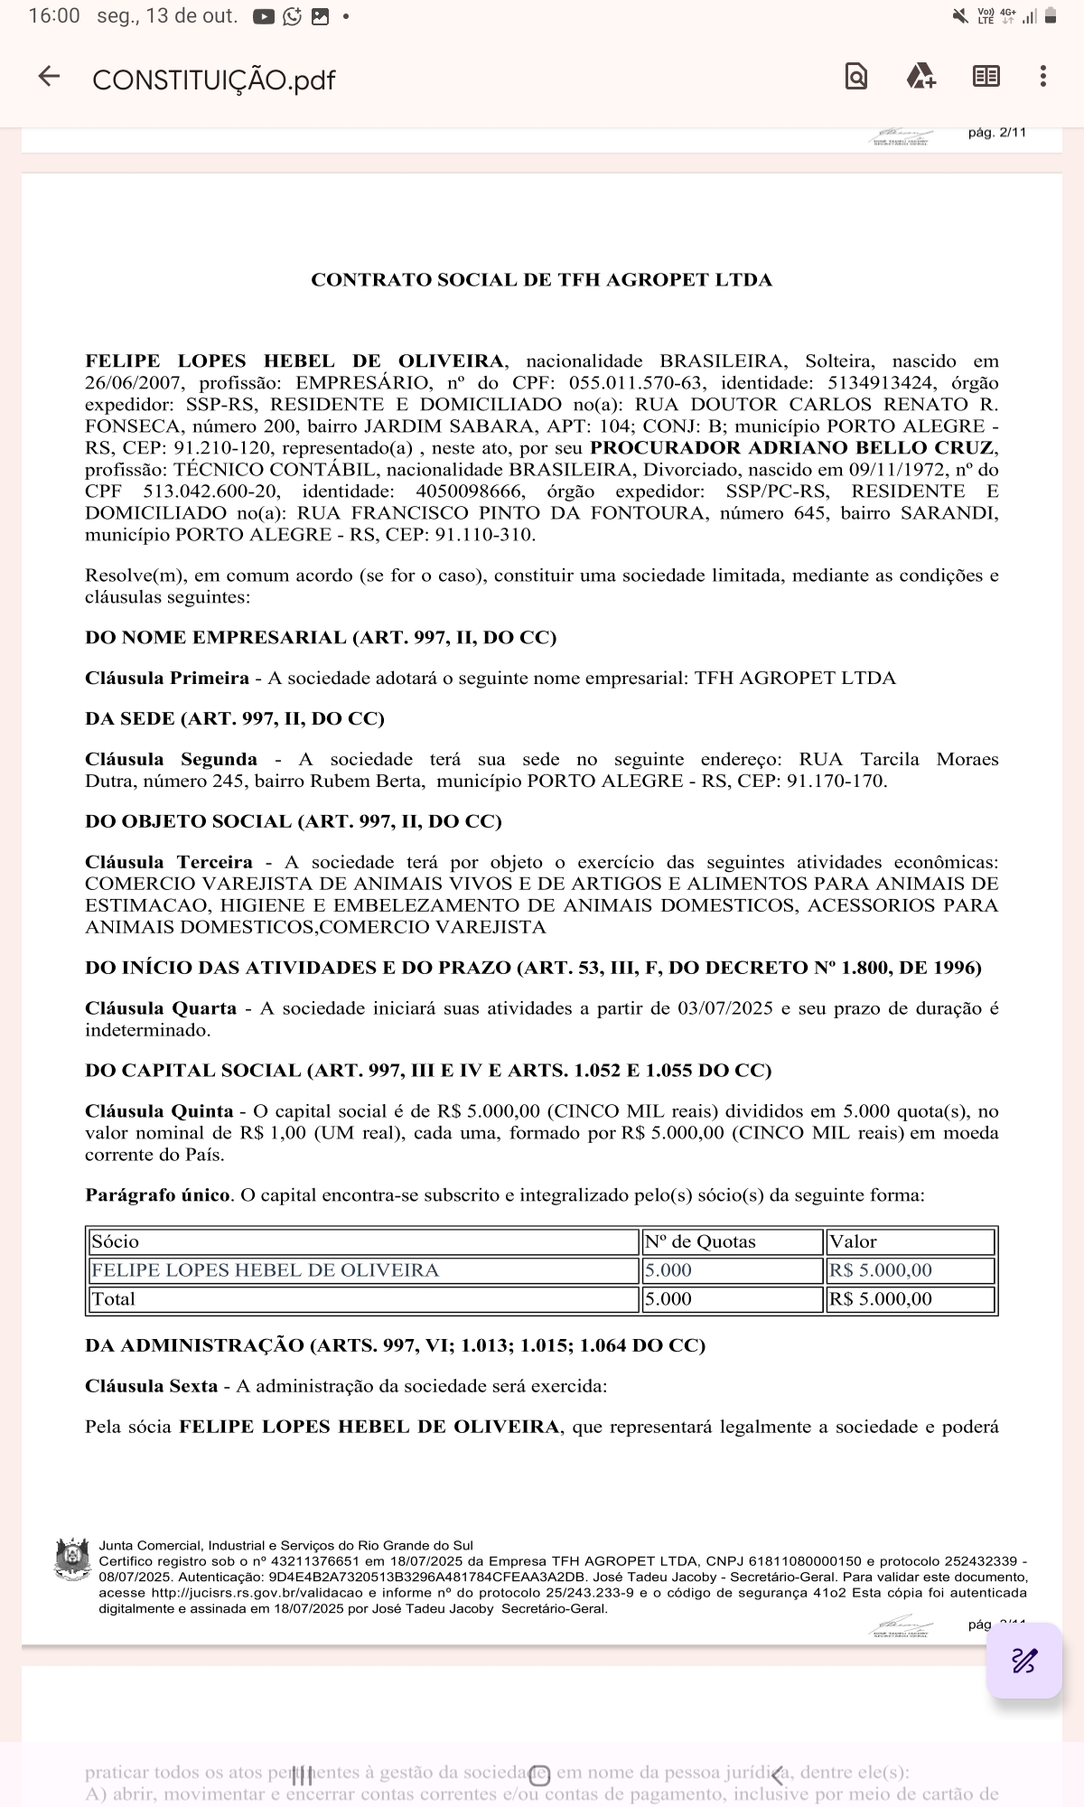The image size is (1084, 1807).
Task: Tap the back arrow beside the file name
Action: (x=49, y=77)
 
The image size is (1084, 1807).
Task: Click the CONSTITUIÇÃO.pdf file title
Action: (x=213, y=80)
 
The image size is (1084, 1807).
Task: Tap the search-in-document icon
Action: (x=855, y=77)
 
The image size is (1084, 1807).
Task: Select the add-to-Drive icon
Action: (x=920, y=77)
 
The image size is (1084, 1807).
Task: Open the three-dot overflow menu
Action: (x=1042, y=77)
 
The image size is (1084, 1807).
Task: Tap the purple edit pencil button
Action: (x=1024, y=1661)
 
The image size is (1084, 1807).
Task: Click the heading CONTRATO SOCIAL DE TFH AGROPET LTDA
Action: (x=541, y=280)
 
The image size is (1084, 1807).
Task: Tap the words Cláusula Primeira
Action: (x=167, y=679)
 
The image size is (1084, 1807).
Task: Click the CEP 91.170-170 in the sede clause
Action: (x=836, y=782)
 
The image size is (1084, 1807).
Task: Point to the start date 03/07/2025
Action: (x=724, y=1008)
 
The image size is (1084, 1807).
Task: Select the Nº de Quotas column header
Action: (x=700, y=1241)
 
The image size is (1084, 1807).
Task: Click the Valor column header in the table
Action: (x=853, y=1241)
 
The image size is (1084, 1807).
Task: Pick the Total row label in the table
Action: (x=113, y=1299)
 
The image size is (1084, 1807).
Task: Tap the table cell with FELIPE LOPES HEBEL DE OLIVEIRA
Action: (x=265, y=1270)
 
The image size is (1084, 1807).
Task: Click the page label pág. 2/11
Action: (x=996, y=133)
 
